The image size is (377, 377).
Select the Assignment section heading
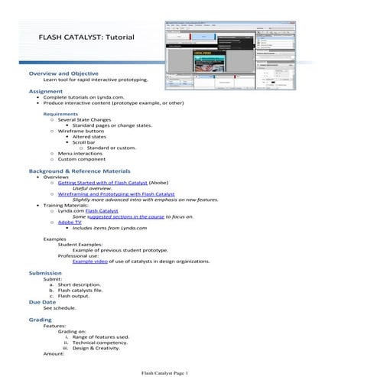coord(46,90)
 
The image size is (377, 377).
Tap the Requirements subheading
coord(61,113)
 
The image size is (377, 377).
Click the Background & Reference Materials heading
coord(80,171)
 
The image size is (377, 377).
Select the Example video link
coord(89,261)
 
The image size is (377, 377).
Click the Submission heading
coord(46,273)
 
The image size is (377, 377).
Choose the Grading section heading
coord(41,319)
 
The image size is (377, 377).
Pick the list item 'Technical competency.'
coord(100,343)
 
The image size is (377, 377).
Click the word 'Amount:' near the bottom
coord(54,354)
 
